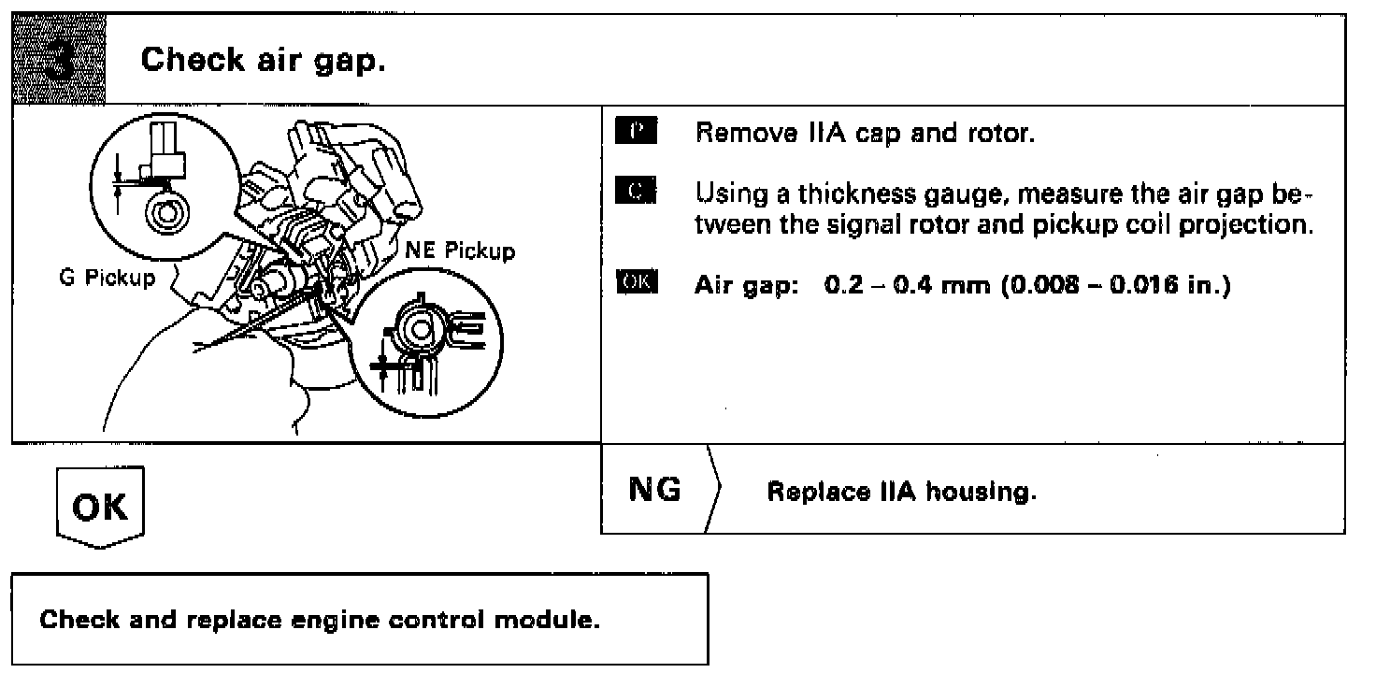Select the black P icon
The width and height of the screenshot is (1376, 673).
tap(638, 131)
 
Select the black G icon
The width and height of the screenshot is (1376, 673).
tap(638, 193)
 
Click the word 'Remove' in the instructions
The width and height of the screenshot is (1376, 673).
tap(739, 133)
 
